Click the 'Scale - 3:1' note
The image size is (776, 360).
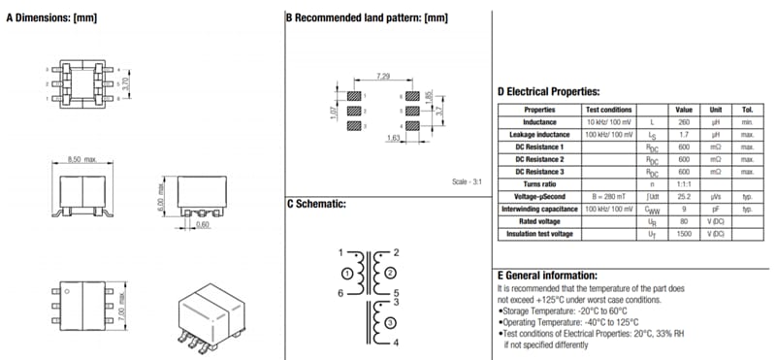[469, 181]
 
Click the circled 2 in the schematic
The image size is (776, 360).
[390, 274]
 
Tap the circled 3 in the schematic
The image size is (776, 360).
[390, 322]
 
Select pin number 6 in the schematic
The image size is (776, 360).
[341, 292]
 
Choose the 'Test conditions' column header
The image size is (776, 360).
[608, 110]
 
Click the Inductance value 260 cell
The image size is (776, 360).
[683, 122]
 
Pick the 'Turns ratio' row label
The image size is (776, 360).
[539, 183]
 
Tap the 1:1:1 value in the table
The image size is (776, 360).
[683, 183]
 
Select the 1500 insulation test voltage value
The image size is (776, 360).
[683, 234]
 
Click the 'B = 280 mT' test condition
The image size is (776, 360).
[608, 196]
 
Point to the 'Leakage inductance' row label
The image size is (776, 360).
[539, 135]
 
